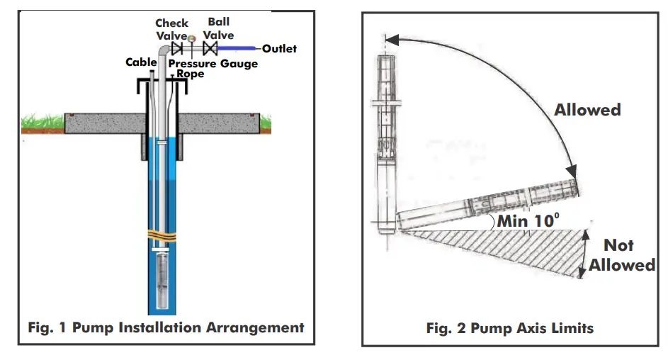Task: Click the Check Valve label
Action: click(171, 30)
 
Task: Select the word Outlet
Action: click(279, 49)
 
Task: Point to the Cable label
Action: click(141, 62)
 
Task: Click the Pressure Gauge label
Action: click(213, 64)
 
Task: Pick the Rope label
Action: click(190, 73)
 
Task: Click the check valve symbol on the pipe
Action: click(178, 49)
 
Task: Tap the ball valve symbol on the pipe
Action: click(210, 49)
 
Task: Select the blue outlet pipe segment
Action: click(239, 49)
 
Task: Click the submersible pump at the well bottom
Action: click(164, 280)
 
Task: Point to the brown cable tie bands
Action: click(164, 235)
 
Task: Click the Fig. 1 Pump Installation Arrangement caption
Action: click(166, 327)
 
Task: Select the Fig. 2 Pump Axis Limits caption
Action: click(509, 328)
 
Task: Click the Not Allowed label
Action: click(618, 255)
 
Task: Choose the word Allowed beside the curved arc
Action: click(587, 110)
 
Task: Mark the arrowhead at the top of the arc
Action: click(392, 42)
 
